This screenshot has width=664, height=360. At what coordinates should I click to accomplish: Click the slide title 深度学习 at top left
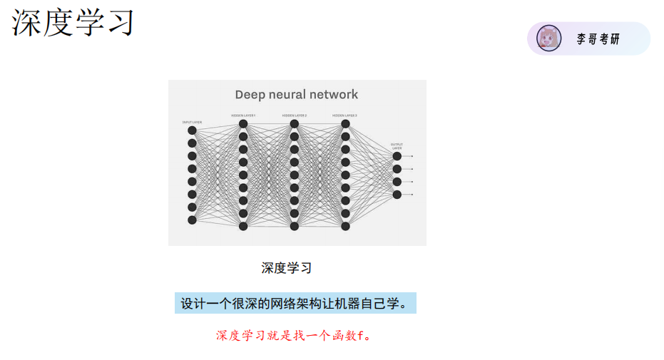point(73,22)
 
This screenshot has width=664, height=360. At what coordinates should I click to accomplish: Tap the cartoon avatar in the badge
point(548,38)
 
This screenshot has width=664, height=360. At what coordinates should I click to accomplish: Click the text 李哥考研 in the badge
point(598,39)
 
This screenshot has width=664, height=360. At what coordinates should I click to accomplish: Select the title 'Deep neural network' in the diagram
point(297,94)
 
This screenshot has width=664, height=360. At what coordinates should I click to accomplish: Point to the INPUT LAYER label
point(192,122)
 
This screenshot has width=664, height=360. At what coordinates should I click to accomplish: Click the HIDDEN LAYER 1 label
point(243,115)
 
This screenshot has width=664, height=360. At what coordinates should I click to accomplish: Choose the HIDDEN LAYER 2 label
point(294,115)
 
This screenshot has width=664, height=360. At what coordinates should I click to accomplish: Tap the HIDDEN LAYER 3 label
point(345,115)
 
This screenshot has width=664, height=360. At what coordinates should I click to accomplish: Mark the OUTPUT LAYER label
point(397,146)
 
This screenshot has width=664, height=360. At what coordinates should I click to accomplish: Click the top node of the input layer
point(192,130)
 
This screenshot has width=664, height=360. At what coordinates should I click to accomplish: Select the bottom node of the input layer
point(192,220)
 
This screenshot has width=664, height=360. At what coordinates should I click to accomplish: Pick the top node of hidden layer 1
point(243,124)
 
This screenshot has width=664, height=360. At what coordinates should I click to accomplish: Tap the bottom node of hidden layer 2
point(295,227)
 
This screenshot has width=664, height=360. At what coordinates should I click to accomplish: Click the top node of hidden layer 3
point(346,124)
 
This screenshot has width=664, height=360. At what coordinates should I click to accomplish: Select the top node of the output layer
point(397,156)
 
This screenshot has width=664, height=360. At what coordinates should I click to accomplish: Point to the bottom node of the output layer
point(397,195)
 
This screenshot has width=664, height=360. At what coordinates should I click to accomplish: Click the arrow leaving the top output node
point(408,156)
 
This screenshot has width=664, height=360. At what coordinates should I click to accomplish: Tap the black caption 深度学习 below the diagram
point(287,268)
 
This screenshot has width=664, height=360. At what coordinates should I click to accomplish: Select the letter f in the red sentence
point(360,335)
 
